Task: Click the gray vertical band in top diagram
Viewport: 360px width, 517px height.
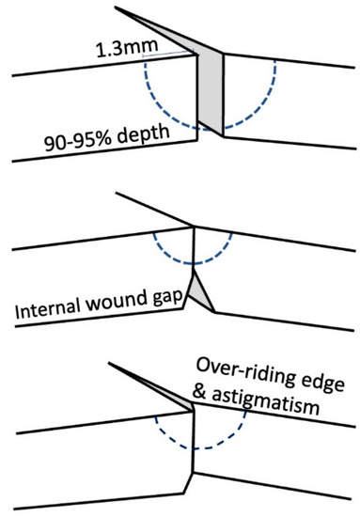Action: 207,94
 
